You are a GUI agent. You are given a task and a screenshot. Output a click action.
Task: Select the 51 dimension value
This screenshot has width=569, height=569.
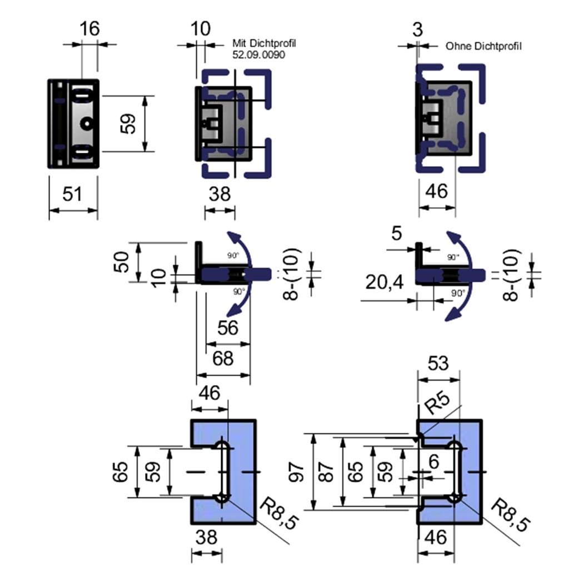pos(72,194)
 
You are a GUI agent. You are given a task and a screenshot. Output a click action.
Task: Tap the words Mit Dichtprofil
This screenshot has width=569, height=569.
pos(264,43)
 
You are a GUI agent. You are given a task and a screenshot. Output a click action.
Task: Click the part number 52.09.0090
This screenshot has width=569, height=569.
pos(260,55)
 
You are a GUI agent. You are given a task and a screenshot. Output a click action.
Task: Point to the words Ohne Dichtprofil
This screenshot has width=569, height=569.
pos(483,46)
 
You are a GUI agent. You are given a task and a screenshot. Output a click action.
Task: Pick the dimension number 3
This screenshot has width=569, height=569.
pos(417,29)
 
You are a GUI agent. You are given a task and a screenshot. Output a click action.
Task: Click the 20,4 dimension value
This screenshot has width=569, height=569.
pos(385,283)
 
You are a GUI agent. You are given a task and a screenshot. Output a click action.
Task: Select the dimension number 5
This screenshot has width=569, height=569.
pos(396,233)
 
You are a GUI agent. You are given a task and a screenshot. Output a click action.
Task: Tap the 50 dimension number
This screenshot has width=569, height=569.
pos(123,262)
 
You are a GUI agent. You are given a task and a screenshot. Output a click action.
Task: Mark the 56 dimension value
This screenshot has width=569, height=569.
pos(228,328)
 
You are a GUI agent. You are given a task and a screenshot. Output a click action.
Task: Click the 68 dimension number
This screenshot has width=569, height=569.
pos(223,358)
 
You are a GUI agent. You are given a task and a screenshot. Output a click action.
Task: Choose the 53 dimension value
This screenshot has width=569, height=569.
pos(438,363)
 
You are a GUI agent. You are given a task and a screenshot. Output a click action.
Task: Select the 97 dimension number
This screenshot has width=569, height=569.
pos(296,472)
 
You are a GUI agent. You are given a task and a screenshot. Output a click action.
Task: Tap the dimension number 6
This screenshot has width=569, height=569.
pos(434,461)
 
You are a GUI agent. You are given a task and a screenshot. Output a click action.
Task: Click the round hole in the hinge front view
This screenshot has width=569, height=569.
pos(87,123)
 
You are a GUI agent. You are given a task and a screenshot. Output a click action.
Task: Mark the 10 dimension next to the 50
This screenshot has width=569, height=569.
pos(158,275)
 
